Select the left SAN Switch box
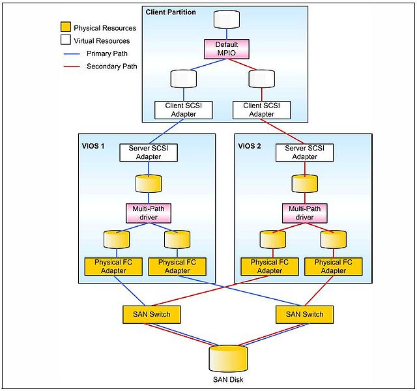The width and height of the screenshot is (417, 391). [x=151, y=314]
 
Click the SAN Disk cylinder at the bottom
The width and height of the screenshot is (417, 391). [x=228, y=358]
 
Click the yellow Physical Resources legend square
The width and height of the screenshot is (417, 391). [x=65, y=28]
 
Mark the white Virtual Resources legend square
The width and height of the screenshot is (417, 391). [x=65, y=40]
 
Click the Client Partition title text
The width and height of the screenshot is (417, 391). [x=171, y=12]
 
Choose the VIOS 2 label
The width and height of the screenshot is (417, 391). [x=249, y=145]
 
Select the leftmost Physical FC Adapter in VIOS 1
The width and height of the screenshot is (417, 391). [x=113, y=266]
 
